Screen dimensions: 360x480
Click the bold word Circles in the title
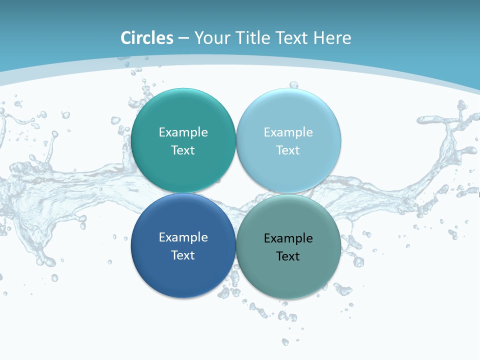147,38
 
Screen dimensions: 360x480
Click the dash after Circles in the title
183,38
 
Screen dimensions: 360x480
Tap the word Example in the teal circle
183,132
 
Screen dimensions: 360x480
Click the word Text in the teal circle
183,150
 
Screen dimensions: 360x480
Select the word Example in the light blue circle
288,132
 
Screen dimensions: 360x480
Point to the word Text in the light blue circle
288,150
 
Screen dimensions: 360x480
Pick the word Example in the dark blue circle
183,237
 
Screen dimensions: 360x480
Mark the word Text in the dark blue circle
183,255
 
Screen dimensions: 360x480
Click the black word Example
288,238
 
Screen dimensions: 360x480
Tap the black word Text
288,256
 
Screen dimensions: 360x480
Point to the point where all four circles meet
236,193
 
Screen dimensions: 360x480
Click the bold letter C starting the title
125,38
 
